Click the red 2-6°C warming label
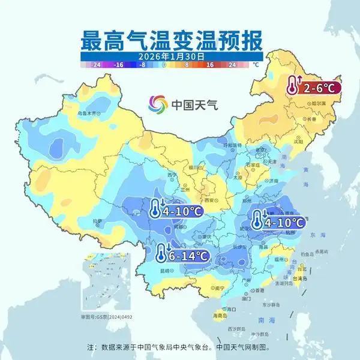(x=313, y=88)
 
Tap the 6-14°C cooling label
(x=182, y=256)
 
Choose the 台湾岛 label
(x=300, y=279)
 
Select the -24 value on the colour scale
(x=94, y=63)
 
